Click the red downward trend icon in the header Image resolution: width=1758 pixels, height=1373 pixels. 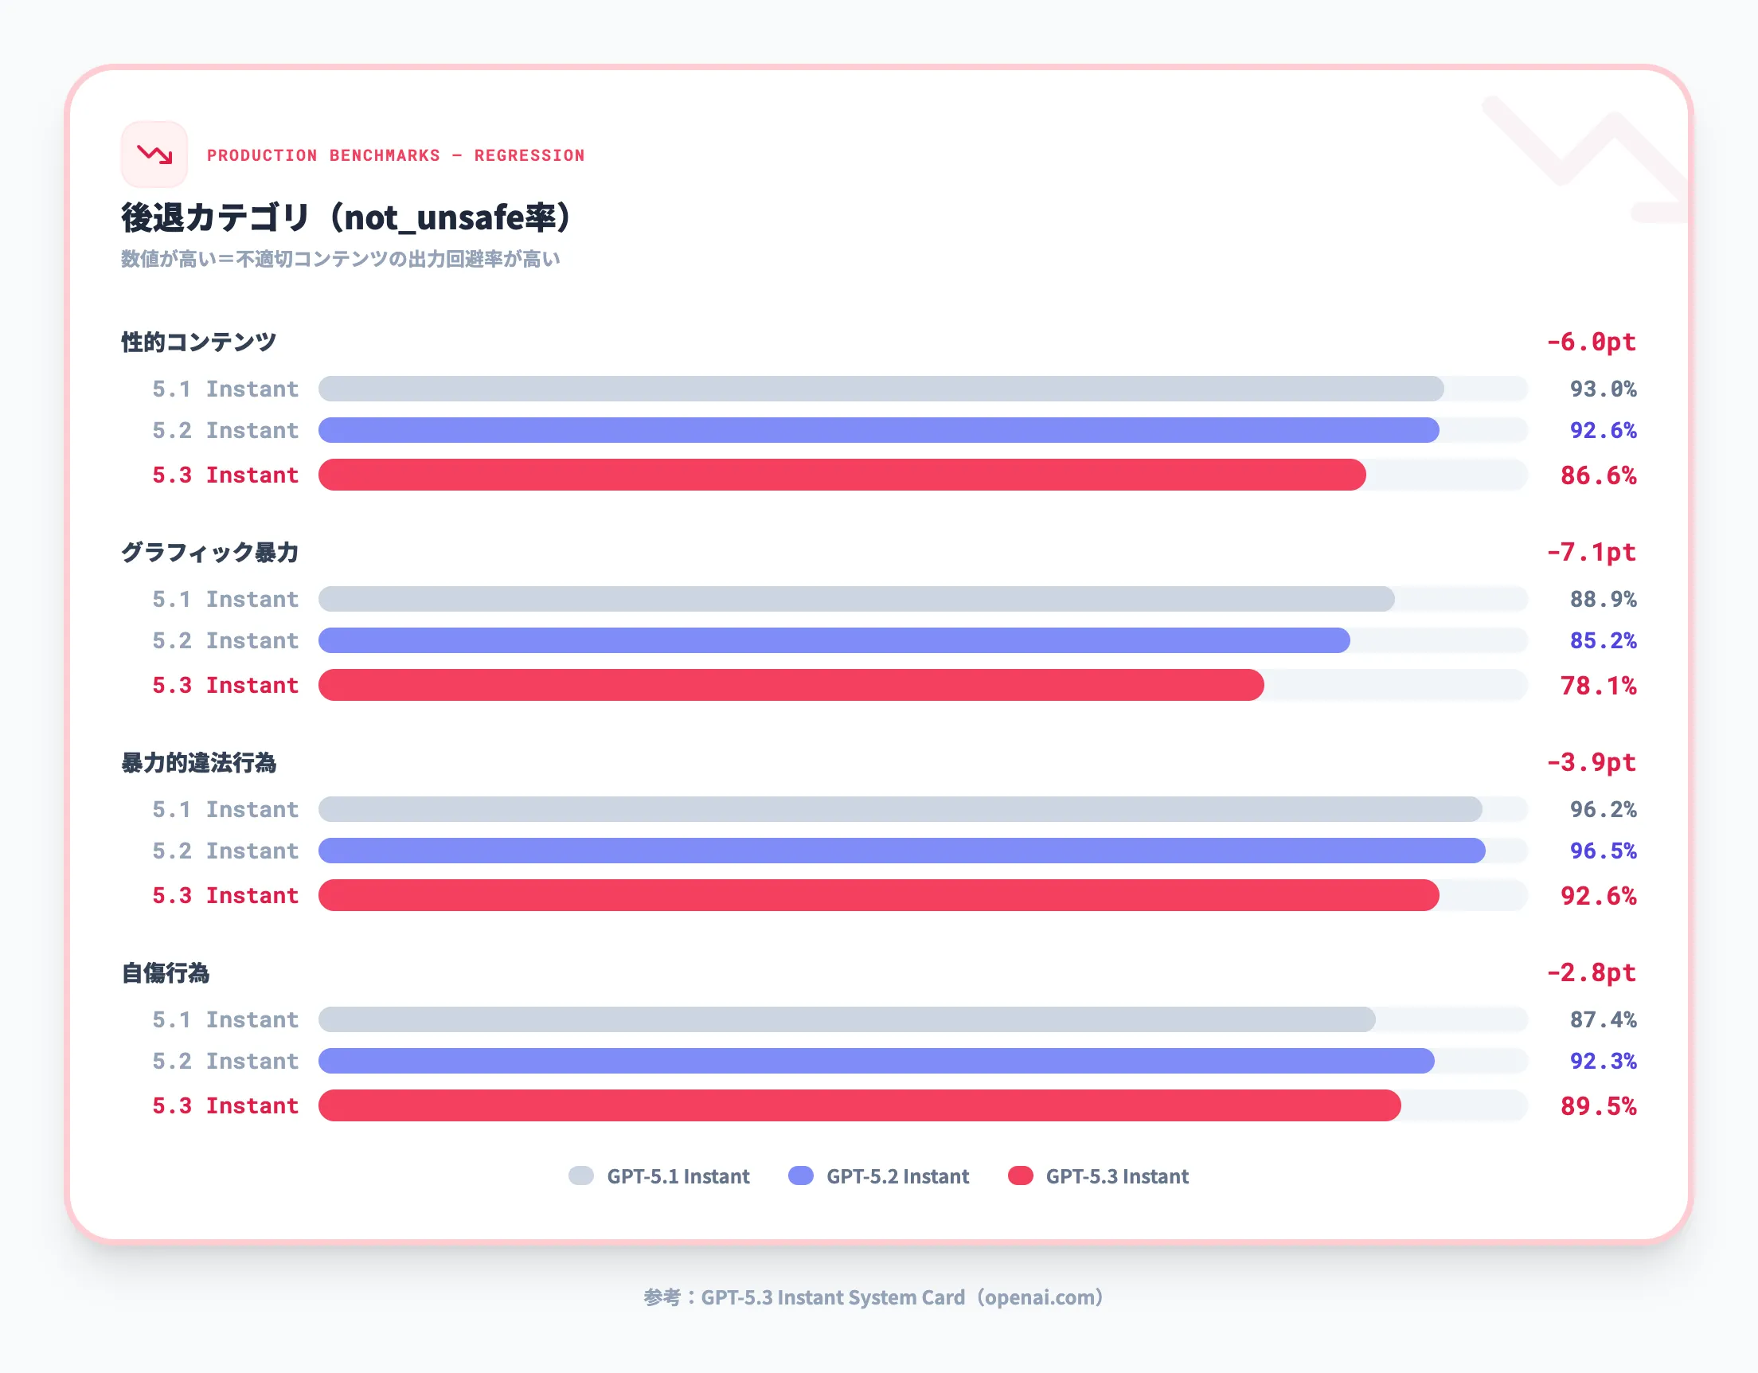(x=154, y=155)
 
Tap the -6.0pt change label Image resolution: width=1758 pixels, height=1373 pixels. (x=1591, y=342)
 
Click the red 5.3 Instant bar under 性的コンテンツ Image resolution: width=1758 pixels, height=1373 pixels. (x=841, y=475)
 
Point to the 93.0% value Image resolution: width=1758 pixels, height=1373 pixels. (x=1602, y=389)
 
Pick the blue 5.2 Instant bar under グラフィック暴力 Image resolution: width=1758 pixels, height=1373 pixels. (x=833, y=640)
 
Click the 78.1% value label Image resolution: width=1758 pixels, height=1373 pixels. (x=1598, y=685)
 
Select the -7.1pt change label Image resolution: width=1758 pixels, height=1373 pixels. (x=1591, y=552)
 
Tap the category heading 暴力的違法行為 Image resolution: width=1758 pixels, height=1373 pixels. (x=199, y=763)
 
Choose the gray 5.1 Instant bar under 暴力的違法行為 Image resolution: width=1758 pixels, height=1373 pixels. (x=899, y=809)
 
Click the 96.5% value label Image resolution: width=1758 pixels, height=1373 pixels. (x=1602, y=851)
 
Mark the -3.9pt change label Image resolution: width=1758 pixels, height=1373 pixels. (x=1591, y=762)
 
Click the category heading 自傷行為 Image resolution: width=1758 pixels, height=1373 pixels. (x=165, y=972)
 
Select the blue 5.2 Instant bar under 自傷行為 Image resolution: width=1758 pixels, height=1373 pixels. (x=876, y=1061)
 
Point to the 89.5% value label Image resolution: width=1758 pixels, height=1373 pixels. (x=1598, y=1105)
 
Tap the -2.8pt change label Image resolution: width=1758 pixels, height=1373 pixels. (x=1591, y=972)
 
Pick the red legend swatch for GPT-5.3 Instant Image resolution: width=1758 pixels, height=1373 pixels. (x=1020, y=1175)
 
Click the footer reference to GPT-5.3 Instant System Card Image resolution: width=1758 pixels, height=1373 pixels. (x=873, y=1297)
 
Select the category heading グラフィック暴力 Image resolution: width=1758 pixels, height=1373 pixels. (x=209, y=553)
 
